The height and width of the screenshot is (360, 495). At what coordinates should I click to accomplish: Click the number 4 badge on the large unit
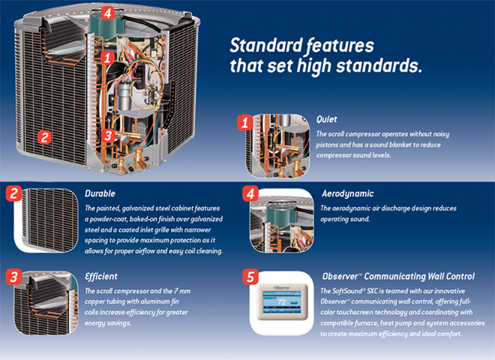point(107,13)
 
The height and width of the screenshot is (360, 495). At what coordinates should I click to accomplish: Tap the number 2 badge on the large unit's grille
point(45,137)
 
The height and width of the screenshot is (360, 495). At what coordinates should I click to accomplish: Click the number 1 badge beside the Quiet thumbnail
point(244,121)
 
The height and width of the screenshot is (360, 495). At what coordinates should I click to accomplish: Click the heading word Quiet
point(327,119)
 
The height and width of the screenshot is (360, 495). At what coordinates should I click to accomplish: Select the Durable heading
point(100,193)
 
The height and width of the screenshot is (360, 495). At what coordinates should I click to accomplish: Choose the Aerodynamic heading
point(347,193)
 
